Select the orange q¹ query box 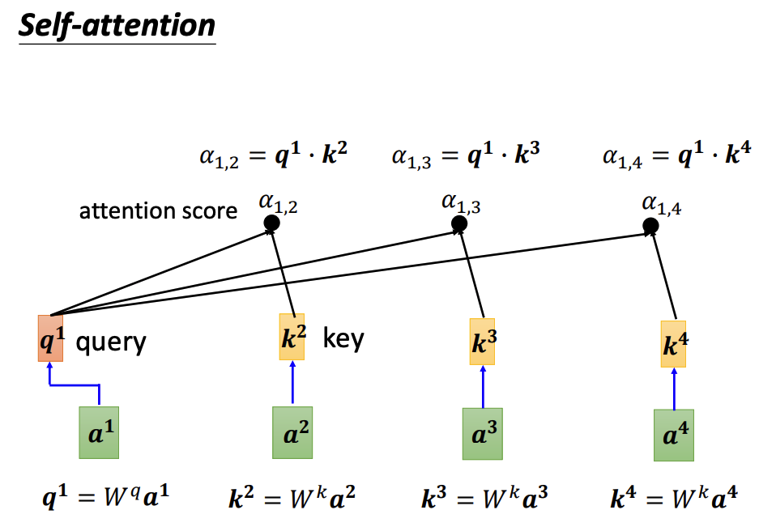[50, 338]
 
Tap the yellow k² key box [292, 337]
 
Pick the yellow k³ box [484, 342]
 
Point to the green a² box [292, 435]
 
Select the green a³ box [483, 435]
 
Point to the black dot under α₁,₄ [650, 224]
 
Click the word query [111, 342]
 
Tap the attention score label [158, 211]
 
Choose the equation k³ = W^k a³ [484, 495]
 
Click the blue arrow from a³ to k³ [483, 387]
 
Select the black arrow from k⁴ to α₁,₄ [663, 275]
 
